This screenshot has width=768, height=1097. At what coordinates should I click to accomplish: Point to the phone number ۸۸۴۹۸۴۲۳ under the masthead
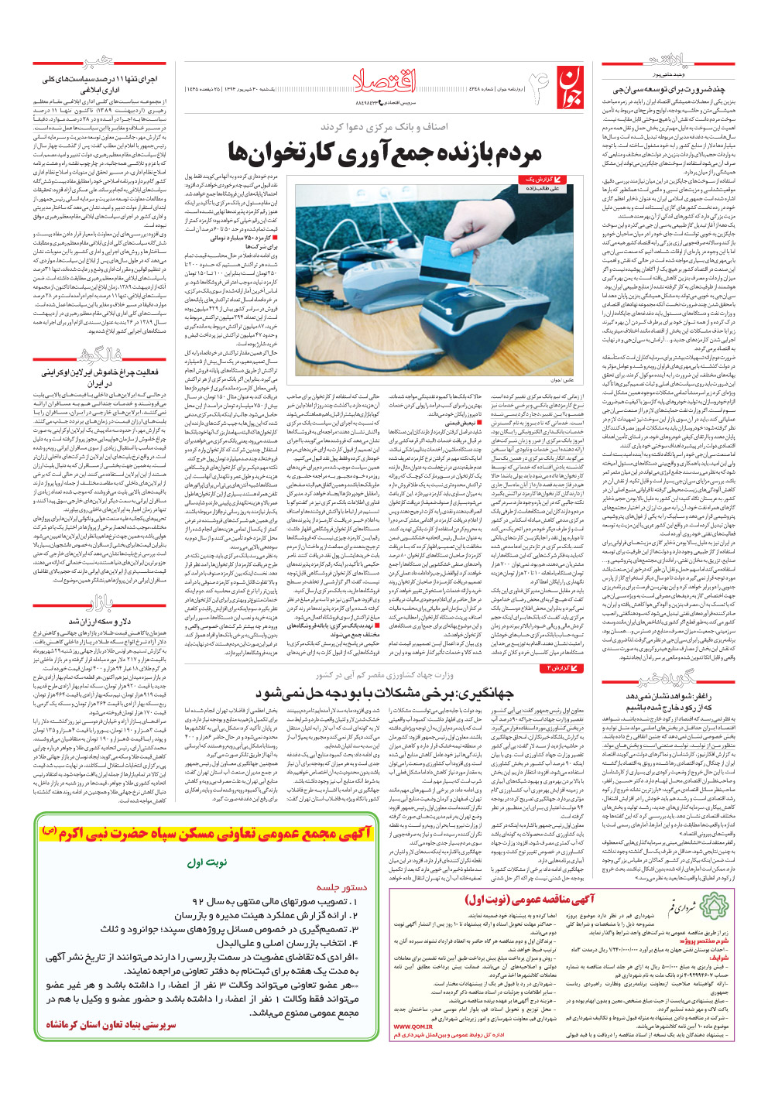pyautogui.click(x=371, y=102)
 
